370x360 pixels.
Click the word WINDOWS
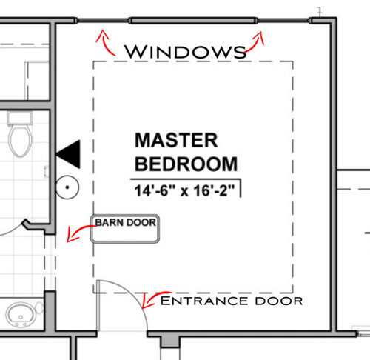pos(185,52)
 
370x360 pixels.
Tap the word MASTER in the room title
pos(176,140)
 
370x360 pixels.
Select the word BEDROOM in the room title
pos(186,164)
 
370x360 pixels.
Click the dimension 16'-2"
pos(214,190)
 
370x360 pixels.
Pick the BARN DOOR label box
pos(125,229)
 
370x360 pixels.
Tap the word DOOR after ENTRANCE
pos(279,301)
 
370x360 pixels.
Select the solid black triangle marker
pos(68,154)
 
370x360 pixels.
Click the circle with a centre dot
pos(67,187)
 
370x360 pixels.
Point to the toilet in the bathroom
pos(20,135)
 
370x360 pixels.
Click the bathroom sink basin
pos(21,315)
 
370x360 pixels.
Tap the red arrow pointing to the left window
pos(104,43)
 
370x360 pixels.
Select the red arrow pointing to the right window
pos(256,44)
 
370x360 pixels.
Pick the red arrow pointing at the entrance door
pos(152,298)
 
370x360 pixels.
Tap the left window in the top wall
pos(103,20)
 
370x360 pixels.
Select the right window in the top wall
pos(283,20)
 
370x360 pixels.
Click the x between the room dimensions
pos(184,192)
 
